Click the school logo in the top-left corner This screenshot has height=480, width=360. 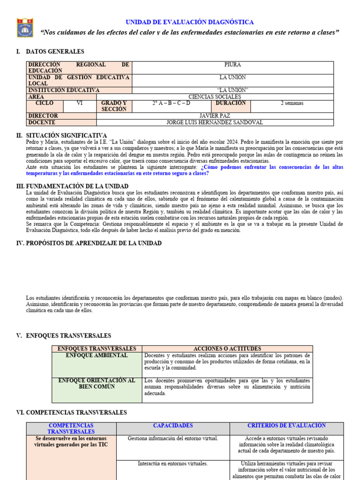click(x=25, y=28)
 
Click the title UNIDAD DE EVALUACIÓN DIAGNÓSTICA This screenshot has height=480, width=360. click(x=189, y=22)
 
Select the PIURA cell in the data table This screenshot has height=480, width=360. click(x=232, y=65)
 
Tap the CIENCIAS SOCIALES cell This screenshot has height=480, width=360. click(x=214, y=97)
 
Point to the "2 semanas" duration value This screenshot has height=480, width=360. click(x=292, y=103)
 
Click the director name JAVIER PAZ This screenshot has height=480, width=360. click(x=214, y=116)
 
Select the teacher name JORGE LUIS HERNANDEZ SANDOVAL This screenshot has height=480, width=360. click(x=215, y=122)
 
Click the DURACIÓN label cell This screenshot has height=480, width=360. click(x=231, y=103)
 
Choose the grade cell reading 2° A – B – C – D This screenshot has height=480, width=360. click(x=171, y=103)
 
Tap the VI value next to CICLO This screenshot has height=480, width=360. click(x=79, y=103)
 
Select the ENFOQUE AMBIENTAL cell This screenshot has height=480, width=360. click(x=97, y=356)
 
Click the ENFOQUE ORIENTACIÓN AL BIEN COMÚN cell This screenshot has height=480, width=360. click(x=97, y=384)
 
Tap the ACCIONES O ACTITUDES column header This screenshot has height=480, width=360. click(x=227, y=349)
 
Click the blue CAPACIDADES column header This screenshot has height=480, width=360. click(x=172, y=426)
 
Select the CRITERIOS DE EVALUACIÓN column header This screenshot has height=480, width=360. click(x=286, y=426)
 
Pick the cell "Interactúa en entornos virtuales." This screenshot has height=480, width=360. click(x=172, y=464)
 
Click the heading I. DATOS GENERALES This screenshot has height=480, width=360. click(x=50, y=52)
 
